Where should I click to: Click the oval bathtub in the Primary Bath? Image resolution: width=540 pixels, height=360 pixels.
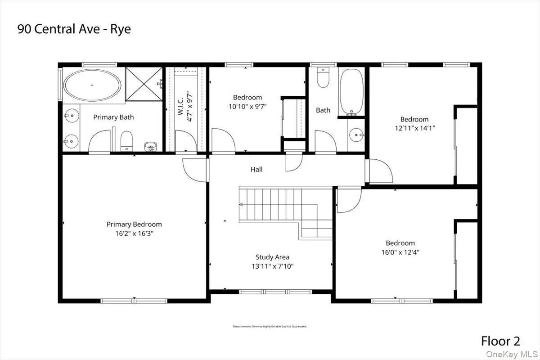coord(92,85)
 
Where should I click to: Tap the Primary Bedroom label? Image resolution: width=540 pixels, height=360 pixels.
coord(134,224)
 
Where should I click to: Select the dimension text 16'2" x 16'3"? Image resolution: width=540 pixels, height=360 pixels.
coord(134,234)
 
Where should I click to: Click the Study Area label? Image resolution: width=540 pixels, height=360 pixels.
coord(272,257)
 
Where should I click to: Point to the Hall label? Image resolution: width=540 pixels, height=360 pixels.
coord(256,169)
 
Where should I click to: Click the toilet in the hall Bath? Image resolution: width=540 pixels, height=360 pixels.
coord(323,78)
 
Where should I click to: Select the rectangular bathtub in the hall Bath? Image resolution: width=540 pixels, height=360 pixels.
coord(351,92)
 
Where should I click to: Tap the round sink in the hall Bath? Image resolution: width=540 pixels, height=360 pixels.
coord(357,134)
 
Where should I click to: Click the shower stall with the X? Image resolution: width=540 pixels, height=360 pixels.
coord(143,83)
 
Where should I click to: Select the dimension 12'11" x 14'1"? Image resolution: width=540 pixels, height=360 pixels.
coord(414,128)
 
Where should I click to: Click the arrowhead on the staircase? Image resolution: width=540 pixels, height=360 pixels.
coord(241,205)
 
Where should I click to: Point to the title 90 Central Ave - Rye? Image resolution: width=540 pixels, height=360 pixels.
coord(74,29)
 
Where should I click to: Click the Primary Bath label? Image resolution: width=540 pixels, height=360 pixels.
coord(113,117)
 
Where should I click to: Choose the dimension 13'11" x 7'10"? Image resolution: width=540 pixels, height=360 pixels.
coord(272,266)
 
